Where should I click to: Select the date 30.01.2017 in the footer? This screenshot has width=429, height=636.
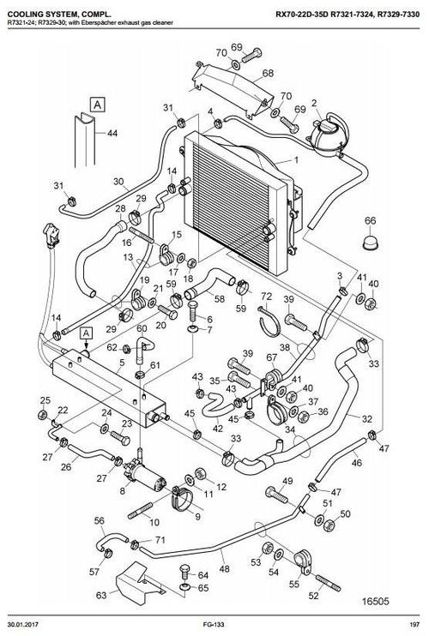(x=24, y=627)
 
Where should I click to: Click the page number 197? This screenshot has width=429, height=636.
(x=414, y=627)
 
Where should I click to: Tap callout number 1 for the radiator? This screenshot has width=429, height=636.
(x=296, y=160)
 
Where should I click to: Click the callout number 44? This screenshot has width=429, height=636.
(x=112, y=134)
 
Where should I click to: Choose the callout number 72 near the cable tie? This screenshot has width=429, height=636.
(x=266, y=297)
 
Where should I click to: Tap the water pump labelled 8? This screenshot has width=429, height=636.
(x=142, y=473)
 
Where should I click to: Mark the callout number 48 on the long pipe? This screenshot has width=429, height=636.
(x=225, y=568)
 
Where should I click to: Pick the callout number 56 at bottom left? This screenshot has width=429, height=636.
(x=99, y=520)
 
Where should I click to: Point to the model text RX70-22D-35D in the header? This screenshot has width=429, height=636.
(x=305, y=11)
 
